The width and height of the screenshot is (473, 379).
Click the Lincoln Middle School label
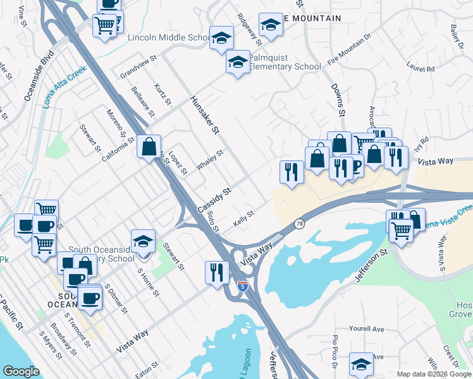[x=168, y=38]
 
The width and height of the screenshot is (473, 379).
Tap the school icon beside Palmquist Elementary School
[x=238, y=63]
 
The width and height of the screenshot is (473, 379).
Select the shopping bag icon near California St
[x=149, y=147]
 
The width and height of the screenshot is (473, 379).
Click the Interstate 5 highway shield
[x=243, y=286]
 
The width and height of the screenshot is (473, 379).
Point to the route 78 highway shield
[x=299, y=224]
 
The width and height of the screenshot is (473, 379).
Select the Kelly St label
[x=243, y=217]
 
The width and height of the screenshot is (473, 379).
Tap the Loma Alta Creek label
[x=64, y=89]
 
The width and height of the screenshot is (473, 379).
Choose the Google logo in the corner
[x=21, y=371]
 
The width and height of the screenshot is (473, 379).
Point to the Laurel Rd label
[x=419, y=64]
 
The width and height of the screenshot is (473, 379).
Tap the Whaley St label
[x=210, y=159]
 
